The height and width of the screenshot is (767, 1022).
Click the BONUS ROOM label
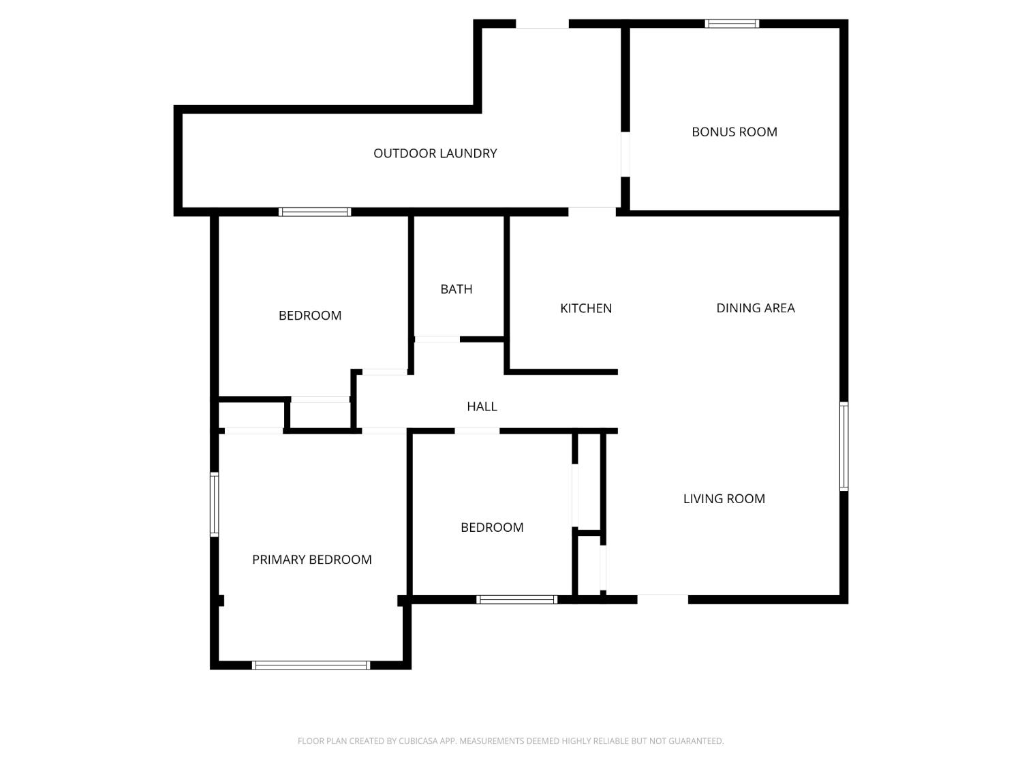(734, 132)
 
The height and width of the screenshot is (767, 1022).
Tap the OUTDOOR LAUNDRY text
(435, 153)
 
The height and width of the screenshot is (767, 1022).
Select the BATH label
(456, 289)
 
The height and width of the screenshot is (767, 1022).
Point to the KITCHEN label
(585, 308)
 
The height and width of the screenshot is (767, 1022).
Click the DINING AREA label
(755, 308)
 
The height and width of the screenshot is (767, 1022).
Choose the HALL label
(482, 406)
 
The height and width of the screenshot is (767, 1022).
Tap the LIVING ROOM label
(724, 498)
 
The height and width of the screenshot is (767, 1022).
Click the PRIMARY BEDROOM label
(311, 560)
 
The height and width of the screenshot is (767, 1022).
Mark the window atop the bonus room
(732, 24)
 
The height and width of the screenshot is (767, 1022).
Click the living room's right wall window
(843, 447)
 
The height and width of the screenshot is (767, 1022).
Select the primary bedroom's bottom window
(311, 665)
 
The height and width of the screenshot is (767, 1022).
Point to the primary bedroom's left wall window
(214, 505)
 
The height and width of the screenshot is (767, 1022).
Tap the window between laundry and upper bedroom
(315, 212)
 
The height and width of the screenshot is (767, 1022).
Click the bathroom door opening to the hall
(437, 339)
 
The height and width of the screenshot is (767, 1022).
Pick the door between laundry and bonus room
(625, 154)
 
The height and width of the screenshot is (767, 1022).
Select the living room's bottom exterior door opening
(662, 599)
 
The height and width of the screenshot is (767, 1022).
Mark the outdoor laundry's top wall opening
(542, 24)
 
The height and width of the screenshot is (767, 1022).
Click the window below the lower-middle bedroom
(516, 600)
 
